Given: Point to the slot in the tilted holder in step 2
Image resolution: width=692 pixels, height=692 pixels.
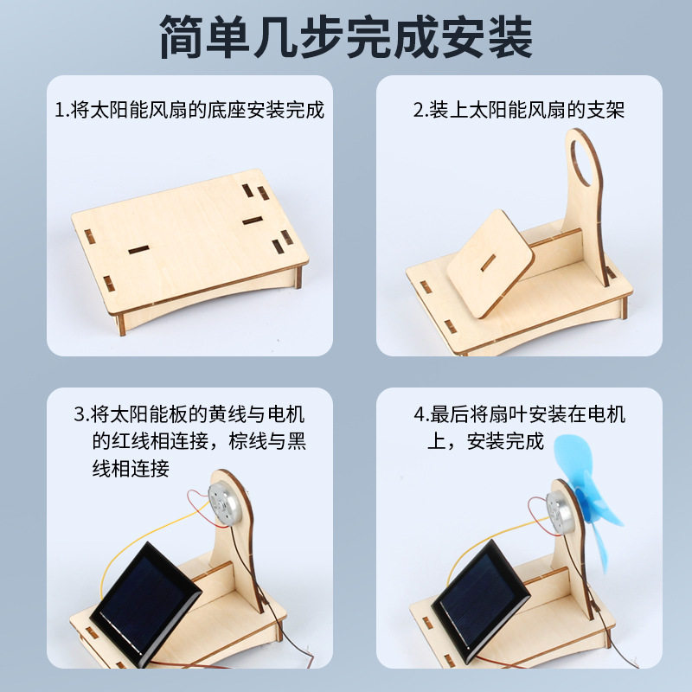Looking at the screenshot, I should [x=490, y=259].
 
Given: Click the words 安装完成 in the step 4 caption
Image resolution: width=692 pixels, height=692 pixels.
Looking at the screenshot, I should [x=505, y=441].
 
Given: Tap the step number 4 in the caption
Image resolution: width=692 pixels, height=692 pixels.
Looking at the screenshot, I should [x=418, y=413].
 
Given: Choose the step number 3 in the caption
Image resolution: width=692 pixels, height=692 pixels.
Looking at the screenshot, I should [x=79, y=413].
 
